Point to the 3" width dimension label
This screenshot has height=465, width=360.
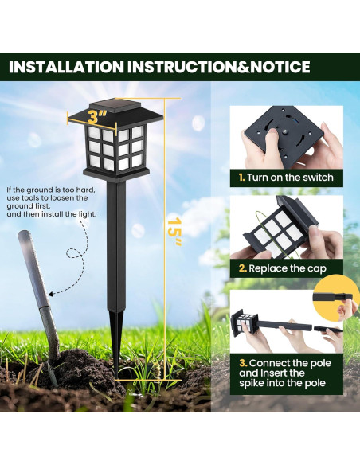98,117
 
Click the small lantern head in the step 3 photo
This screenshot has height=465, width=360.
245,322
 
